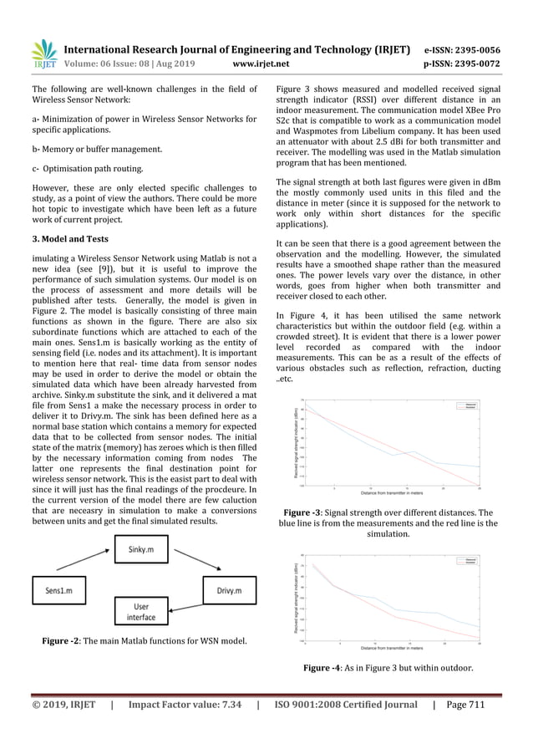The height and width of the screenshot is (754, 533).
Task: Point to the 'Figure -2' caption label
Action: [x=65, y=641]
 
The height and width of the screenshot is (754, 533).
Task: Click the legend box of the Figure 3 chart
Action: [x=466, y=405]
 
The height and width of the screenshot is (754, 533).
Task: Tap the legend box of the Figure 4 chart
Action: [x=466, y=559]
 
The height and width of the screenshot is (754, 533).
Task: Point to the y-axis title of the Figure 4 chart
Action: [x=295, y=595]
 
